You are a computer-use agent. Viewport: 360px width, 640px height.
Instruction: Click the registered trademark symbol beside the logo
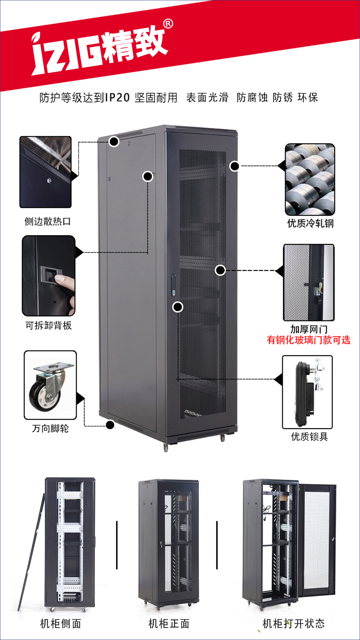point(168,24)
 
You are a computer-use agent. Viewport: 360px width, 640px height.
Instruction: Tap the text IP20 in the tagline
point(117,98)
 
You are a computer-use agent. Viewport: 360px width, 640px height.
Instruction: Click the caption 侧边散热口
point(47,221)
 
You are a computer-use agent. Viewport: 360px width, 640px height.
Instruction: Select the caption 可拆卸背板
point(49,325)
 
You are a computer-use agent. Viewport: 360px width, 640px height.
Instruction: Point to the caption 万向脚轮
point(50,428)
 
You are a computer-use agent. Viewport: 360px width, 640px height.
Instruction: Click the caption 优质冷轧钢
point(310,223)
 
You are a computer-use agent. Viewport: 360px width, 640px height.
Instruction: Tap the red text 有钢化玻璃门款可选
point(309,340)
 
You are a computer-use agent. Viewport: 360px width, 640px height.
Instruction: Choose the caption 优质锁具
point(310,437)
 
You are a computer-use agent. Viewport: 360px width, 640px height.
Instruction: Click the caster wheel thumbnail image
point(50,385)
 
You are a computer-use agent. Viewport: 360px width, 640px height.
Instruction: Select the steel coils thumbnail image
point(310,179)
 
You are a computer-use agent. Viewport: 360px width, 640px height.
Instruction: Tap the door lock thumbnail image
point(307,392)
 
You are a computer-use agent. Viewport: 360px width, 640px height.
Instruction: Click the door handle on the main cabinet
point(173,285)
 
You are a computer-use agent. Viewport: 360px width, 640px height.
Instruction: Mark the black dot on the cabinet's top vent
point(114,142)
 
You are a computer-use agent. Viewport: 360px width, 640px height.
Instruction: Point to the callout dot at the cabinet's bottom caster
point(110,425)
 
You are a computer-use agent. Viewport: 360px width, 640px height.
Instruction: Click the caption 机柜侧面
point(61,623)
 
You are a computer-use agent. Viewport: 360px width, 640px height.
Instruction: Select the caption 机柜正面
point(169,623)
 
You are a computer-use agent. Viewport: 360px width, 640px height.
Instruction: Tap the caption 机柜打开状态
point(294,623)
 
